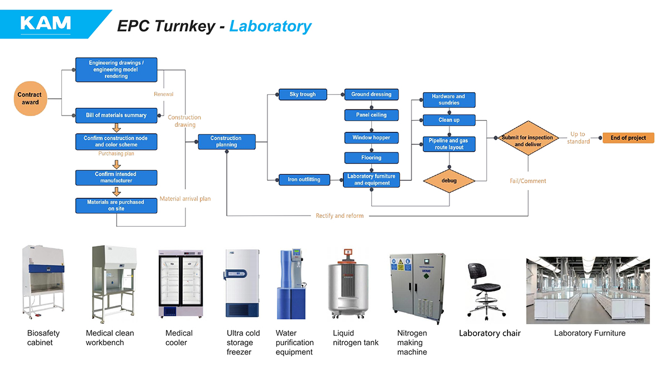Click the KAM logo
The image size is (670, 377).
point(46,23)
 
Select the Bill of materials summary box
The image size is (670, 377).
point(116,115)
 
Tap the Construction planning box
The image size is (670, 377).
point(226,141)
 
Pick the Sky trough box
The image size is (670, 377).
point(303,94)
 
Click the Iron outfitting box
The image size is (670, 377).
point(304,179)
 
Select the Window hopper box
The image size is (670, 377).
point(371,137)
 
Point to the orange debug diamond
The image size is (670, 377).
point(449,181)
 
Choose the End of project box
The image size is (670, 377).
point(628,138)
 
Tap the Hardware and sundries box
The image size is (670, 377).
point(449,100)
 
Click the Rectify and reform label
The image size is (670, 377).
point(339,216)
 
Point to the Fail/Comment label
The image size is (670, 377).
point(528,181)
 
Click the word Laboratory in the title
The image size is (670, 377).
point(270,26)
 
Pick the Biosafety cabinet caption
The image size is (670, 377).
point(44,337)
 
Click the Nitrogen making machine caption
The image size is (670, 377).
point(412,342)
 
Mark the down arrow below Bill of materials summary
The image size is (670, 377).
point(116,127)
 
